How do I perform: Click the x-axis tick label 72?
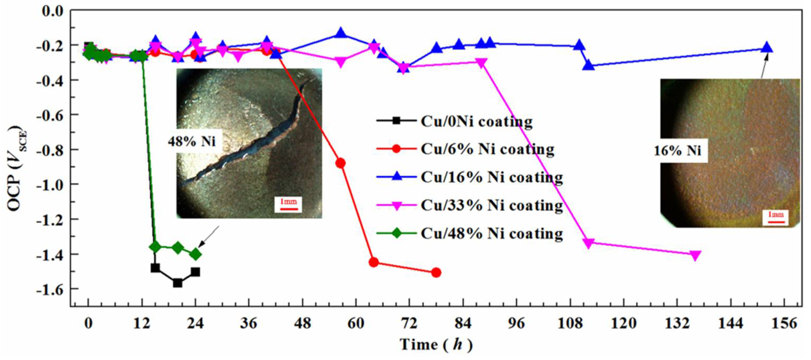click(409, 323)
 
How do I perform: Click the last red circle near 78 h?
click(436, 272)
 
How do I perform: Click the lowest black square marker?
click(178, 283)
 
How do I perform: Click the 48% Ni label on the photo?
click(192, 142)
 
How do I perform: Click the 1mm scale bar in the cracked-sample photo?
click(289, 204)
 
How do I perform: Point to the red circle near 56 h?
click(341, 163)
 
